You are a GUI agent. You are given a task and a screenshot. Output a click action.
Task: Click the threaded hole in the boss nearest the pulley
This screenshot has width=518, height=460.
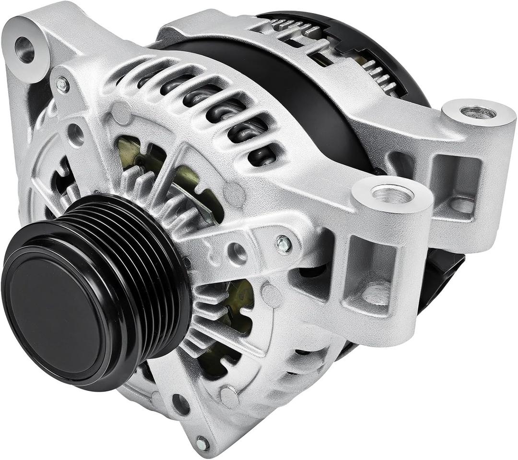(392, 194)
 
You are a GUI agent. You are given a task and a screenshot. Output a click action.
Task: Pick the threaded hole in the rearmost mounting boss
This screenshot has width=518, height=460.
(478, 112)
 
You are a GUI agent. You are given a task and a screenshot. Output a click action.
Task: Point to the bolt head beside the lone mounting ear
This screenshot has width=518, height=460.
(62, 85)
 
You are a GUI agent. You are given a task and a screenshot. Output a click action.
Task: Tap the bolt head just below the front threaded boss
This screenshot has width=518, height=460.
(284, 244)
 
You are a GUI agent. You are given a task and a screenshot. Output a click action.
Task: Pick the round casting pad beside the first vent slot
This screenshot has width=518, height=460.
(121, 113)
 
